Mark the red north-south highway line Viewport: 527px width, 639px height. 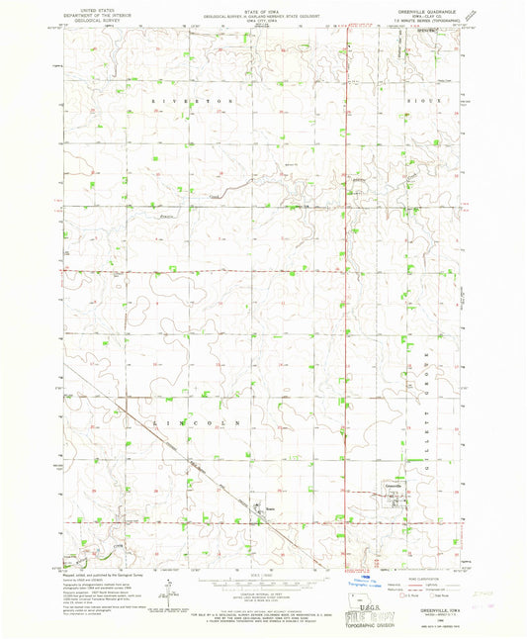coord(345,297)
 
